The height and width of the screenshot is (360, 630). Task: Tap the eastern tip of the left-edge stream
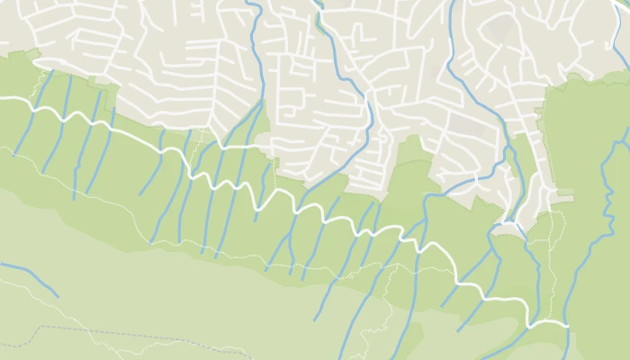[58, 295]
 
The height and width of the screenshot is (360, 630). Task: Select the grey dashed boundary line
[135, 339]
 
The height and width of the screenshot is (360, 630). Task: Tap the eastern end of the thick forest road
[568, 322]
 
